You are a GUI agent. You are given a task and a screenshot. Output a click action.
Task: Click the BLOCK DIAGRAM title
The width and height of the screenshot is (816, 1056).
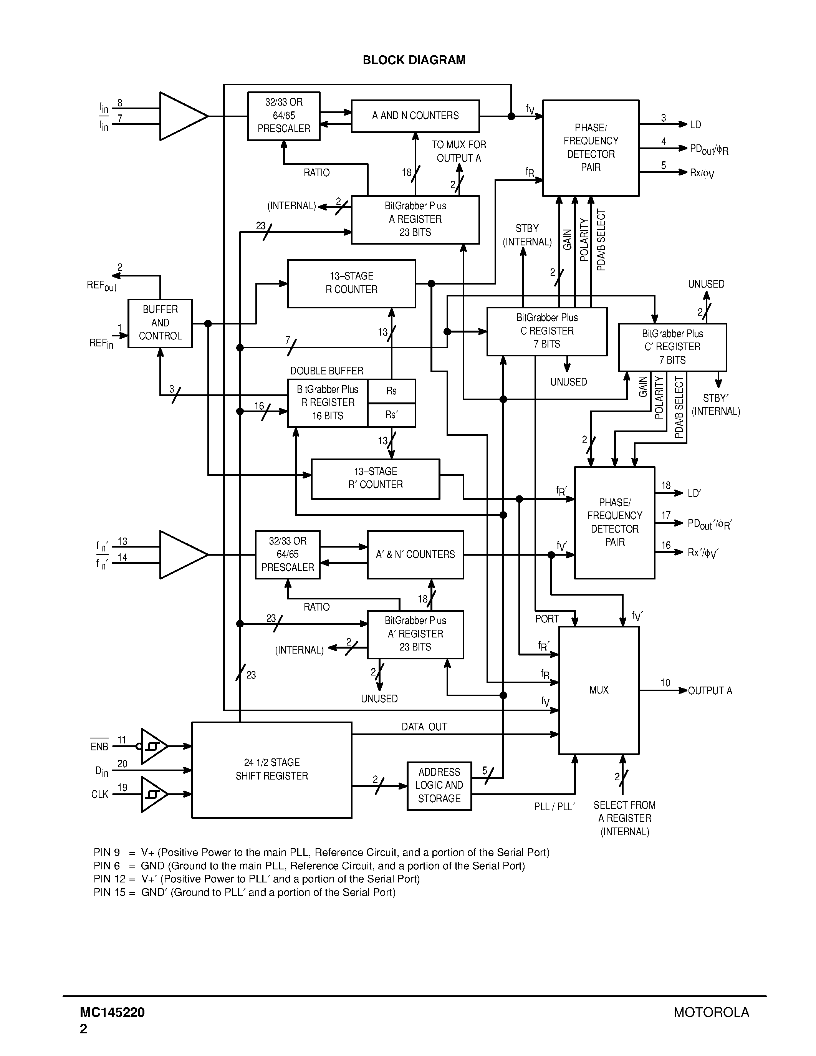414,60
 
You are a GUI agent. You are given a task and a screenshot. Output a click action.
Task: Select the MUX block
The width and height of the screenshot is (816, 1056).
599,690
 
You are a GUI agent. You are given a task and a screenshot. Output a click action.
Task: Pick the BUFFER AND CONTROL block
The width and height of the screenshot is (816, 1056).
160,323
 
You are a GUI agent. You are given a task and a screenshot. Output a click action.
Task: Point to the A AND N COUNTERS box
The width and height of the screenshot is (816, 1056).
415,116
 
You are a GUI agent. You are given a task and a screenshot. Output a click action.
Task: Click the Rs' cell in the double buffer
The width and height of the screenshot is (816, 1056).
391,415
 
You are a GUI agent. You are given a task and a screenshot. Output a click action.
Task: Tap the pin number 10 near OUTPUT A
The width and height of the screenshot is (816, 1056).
665,683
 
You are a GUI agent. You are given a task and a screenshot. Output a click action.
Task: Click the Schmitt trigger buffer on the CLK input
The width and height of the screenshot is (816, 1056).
153,794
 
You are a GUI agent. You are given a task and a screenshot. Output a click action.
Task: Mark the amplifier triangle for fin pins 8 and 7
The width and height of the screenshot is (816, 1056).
181,116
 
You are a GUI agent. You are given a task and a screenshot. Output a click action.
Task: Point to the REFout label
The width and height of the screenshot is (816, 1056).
101,285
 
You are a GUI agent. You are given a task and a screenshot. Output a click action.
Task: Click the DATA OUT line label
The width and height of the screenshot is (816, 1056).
424,727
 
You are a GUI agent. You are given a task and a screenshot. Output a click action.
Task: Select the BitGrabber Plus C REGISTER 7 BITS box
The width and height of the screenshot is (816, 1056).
547,331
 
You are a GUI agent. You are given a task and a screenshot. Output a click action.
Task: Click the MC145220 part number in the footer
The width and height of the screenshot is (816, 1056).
113,1013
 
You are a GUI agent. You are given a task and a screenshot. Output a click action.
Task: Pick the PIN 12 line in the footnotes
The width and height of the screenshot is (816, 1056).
256,879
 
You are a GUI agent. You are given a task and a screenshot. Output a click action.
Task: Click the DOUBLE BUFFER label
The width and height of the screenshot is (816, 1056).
326,371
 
